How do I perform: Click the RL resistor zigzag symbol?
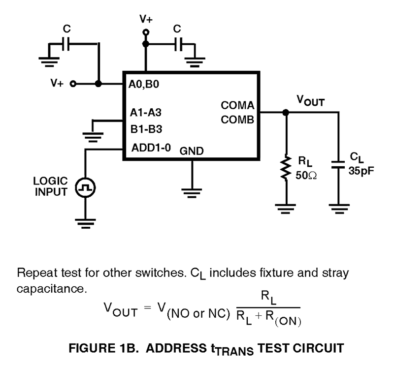[285, 168]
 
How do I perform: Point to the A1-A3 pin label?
[146, 113]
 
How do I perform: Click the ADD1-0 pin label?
[151, 148]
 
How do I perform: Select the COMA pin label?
[237, 105]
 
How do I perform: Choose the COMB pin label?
[237, 120]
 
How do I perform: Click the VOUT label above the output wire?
[310, 100]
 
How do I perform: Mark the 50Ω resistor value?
[305, 175]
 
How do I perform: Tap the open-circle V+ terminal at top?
[145, 33]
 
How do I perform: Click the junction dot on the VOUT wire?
[285, 113]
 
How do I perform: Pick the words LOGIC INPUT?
[51, 186]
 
